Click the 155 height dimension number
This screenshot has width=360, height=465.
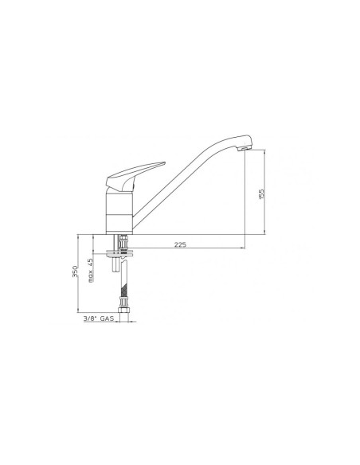click(x=261, y=194)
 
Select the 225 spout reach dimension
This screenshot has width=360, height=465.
click(x=180, y=244)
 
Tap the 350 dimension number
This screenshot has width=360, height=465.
click(x=76, y=272)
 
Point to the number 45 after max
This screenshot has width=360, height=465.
click(x=90, y=262)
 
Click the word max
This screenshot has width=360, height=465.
click(x=91, y=275)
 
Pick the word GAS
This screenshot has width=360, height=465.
click(x=107, y=318)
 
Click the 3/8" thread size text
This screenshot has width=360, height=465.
click(x=90, y=318)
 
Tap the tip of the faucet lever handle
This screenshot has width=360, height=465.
click(x=165, y=162)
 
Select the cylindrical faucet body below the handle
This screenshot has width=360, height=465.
click(x=119, y=213)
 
